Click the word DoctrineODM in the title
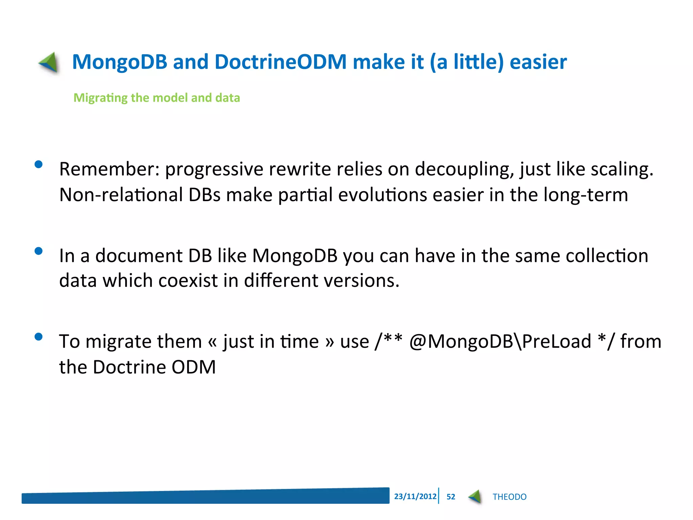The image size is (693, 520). click(281, 62)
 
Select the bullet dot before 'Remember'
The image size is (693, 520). click(39, 165)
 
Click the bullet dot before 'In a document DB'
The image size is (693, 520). click(39, 251)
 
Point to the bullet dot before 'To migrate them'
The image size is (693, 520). click(39, 337)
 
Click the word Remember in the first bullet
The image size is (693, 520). click(107, 169)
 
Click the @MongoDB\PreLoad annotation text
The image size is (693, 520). click(500, 341)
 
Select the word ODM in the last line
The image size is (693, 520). click(194, 367)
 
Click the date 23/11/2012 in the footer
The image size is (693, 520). click(415, 496)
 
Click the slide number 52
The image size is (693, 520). click(451, 497)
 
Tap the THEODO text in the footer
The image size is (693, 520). click(509, 497)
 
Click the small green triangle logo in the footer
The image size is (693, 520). click(475, 497)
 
